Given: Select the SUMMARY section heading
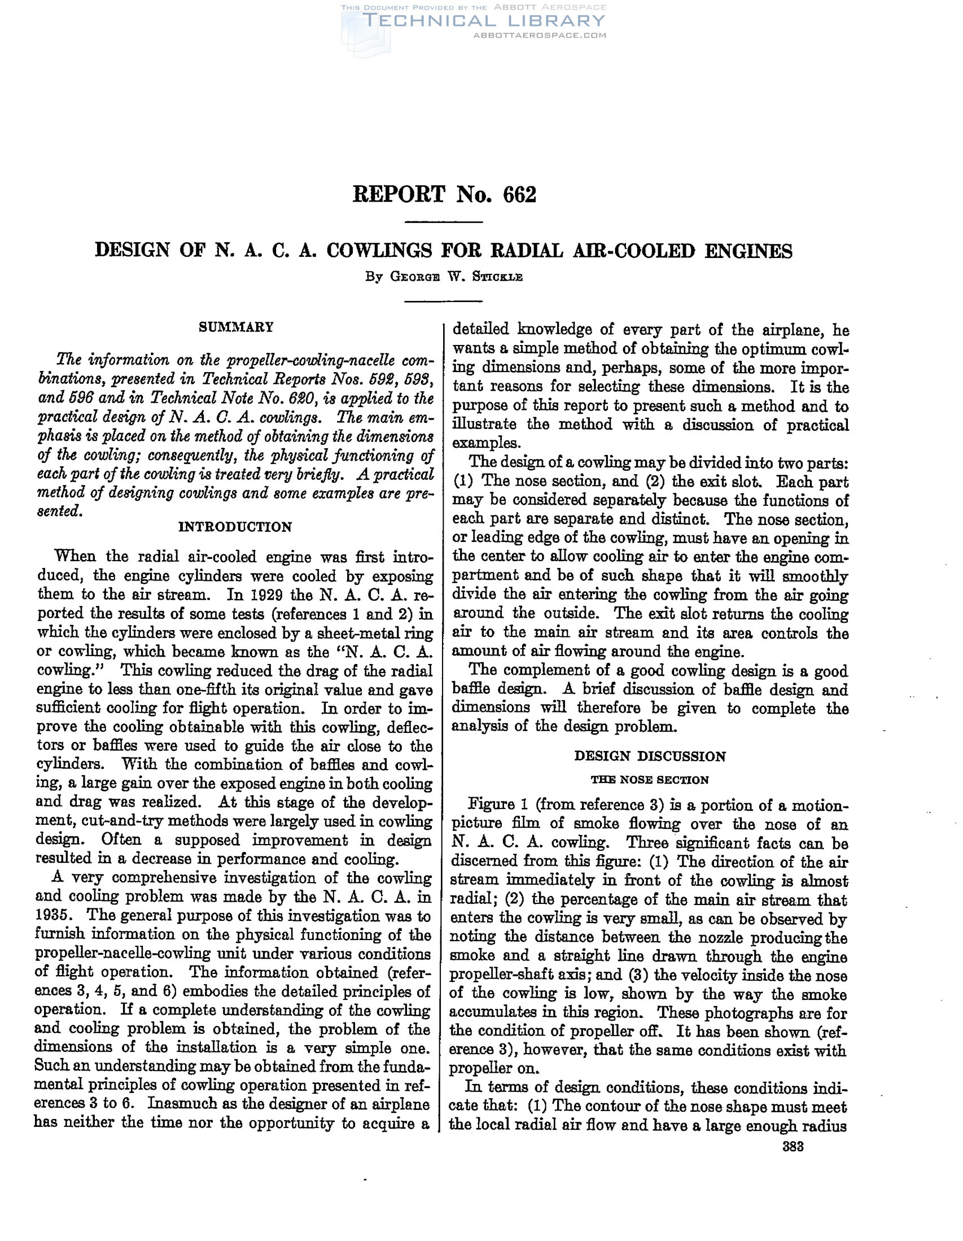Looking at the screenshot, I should pyautogui.click(x=236, y=327).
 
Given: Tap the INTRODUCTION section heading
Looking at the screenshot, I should pyautogui.click(x=235, y=527).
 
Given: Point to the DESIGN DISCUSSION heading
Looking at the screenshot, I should pyautogui.click(x=650, y=757).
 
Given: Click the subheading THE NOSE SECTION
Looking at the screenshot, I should pyautogui.click(x=650, y=780).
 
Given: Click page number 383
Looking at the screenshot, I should pyautogui.click(x=793, y=1147).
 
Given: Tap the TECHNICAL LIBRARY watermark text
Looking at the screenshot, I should pyautogui.click(x=483, y=21).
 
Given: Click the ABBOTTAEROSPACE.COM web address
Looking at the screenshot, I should pyautogui.click(x=539, y=35).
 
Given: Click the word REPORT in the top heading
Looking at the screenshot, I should pyautogui.click(x=399, y=195).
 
